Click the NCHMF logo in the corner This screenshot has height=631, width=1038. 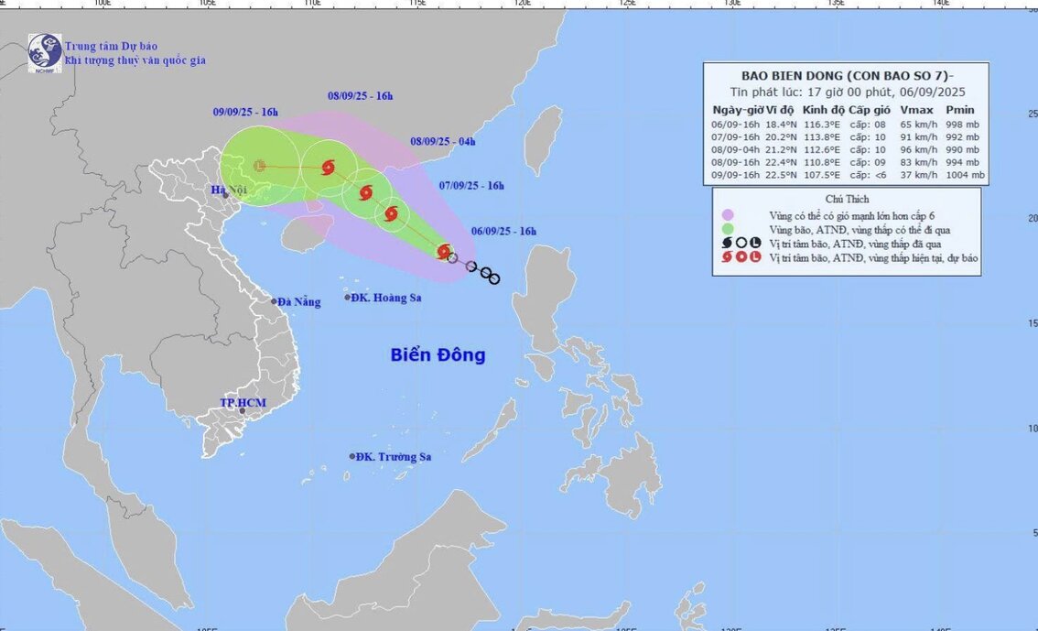(x=44, y=53)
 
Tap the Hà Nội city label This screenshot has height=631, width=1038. (x=230, y=190)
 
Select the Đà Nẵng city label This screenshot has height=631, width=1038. (x=298, y=301)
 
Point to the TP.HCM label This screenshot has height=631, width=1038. (x=240, y=403)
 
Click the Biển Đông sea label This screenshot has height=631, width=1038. (x=438, y=355)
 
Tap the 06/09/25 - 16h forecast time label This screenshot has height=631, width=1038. (x=503, y=232)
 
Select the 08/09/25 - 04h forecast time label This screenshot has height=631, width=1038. (x=442, y=141)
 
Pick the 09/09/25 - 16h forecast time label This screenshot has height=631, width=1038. (x=245, y=112)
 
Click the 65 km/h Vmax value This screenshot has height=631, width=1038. (x=917, y=124)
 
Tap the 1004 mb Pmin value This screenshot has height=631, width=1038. (x=964, y=175)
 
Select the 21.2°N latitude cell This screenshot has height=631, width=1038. (x=777, y=149)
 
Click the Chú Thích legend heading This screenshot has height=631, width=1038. (x=847, y=199)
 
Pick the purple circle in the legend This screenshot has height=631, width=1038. (x=728, y=214)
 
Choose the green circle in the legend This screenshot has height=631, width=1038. (x=728, y=229)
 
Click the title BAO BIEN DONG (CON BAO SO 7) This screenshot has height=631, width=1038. (x=844, y=75)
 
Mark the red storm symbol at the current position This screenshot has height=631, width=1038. (x=444, y=251)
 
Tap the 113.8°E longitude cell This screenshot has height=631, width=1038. (x=822, y=136)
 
